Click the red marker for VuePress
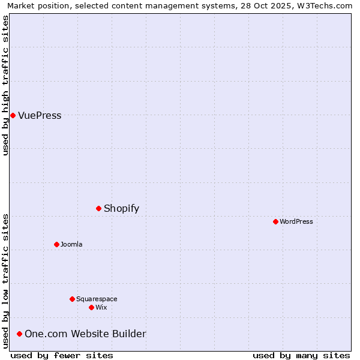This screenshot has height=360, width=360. click(13, 115)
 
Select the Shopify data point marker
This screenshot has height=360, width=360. click(98, 208)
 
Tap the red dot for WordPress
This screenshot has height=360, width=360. click(275, 221)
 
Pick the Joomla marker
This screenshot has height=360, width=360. click(56, 244)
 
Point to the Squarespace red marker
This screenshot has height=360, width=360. click(72, 299)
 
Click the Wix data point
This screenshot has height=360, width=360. click(91, 307)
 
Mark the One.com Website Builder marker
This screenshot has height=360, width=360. click(19, 334)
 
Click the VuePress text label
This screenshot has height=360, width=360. click(40, 116)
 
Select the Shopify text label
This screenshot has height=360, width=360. click(121, 209)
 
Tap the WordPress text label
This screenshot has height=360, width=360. click(296, 222)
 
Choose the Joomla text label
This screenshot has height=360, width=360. click(71, 245)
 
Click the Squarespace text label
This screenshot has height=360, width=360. click(97, 299)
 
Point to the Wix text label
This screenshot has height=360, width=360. click(101, 308)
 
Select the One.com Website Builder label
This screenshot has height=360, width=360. click(85, 334)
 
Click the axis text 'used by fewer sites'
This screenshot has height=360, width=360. click(62, 355)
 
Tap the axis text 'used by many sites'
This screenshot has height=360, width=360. click(301, 355)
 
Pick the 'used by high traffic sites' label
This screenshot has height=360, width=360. click(5, 85)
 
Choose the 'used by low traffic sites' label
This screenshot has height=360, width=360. click(5, 281)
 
